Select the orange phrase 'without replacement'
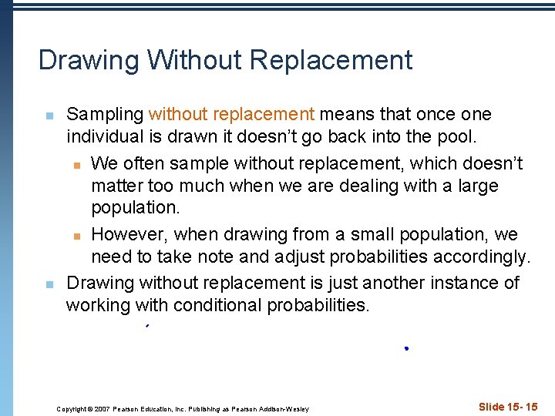coord(231,115)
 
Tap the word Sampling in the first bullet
coord(105,115)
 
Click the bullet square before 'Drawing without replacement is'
coord(48,284)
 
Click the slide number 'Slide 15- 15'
coord(508,407)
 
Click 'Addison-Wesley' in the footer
coord(284,408)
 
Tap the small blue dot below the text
coord(405,349)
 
